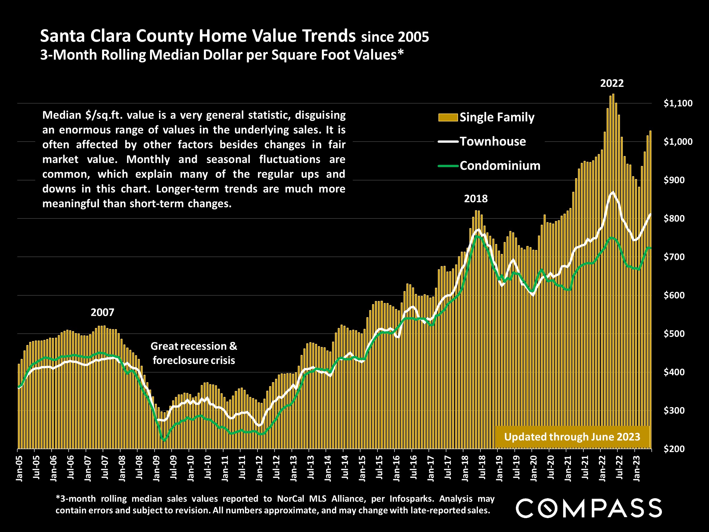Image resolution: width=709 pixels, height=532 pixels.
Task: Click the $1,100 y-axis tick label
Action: [x=678, y=103]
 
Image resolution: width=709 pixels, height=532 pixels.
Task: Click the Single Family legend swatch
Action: [x=448, y=118]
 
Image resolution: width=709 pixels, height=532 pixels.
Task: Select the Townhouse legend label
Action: [x=493, y=141]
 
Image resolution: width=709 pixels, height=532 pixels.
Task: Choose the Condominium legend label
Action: [x=500, y=166]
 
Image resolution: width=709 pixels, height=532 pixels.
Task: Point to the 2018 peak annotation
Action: [x=476, y=199]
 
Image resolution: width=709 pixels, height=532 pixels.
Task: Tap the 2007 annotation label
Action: [x=102, y=312]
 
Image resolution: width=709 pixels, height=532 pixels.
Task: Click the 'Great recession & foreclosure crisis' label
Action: [x=194, y=353]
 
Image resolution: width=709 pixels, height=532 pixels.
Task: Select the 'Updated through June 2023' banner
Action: [x=572, y=437]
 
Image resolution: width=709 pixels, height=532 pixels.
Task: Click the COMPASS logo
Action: [x=588, y=508]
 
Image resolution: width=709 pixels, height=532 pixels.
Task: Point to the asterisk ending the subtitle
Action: [x=400, y=53]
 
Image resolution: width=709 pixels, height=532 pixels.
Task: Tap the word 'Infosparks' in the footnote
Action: [x=409, y=499]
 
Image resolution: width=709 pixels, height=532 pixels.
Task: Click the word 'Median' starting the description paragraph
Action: [x=62, y=115]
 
